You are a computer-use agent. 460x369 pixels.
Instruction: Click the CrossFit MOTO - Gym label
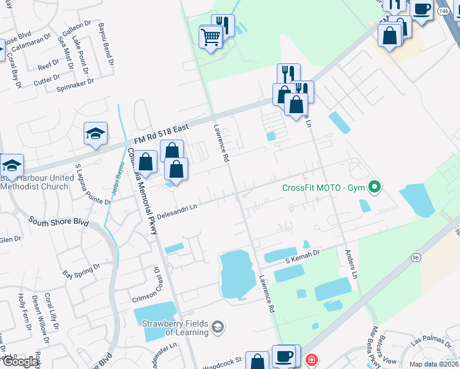tap(323, 188)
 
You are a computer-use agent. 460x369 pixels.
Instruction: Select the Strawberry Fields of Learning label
tap(175, 328)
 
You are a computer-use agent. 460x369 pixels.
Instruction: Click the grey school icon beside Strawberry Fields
tap(217, 327)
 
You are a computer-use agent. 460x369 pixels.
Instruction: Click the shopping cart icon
tap(210, 38)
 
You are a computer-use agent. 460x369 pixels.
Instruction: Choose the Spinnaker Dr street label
tap(75, 81)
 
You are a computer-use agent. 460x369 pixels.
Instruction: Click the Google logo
tap(20, 362)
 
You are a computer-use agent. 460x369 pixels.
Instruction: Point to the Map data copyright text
tap(434, 364)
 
